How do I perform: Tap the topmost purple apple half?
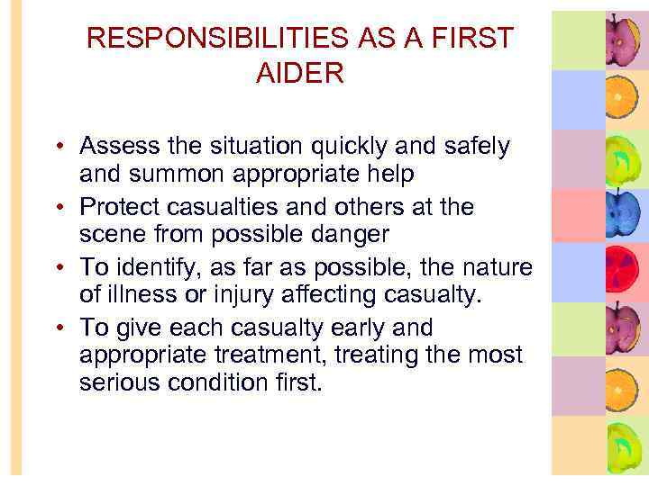622,38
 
